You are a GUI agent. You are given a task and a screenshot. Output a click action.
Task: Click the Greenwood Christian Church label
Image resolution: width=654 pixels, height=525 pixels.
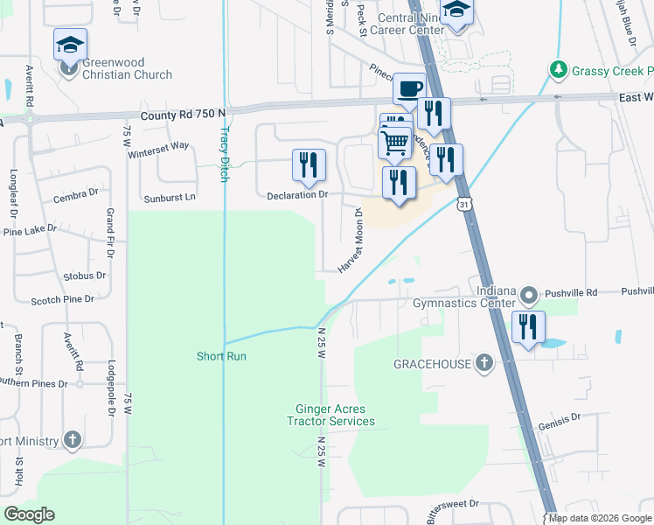[x=127, y=69]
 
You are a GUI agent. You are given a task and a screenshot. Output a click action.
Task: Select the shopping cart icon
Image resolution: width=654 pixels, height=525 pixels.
[x=394, y=141]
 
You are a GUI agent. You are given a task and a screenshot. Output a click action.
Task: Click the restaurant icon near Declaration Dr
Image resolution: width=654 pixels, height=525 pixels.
[x=308, y=164]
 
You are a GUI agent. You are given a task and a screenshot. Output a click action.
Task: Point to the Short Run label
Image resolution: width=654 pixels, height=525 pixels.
[x=221, y=356]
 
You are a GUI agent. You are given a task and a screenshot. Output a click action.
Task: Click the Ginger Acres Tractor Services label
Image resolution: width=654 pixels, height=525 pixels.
[x=331, y=415]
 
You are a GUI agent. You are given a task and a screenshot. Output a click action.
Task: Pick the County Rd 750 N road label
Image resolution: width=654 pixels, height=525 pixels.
[x=184, y=114]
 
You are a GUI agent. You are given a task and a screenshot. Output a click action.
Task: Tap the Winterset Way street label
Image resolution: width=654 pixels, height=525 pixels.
[x=158, y=146]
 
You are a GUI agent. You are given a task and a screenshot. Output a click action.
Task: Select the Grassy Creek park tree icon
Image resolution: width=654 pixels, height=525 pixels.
[x=557, y=68]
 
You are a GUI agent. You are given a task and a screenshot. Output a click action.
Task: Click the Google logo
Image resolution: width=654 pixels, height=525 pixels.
[x=29, y=514]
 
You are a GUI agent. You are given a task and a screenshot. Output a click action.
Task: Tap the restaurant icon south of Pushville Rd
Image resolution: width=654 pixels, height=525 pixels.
[x=528, y=327]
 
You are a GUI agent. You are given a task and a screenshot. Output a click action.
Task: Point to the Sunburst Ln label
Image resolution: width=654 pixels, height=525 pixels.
[x=170, y=197]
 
